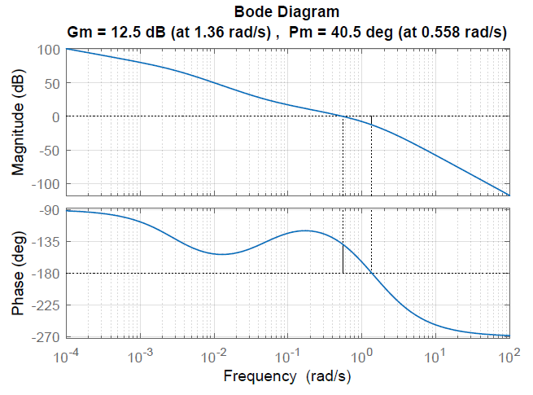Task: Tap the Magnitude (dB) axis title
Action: coord(19,122)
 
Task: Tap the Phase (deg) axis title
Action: coord(19,273)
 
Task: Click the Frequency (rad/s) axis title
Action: coord(287,376)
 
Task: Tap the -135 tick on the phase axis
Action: coord(46,242)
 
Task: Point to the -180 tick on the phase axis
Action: coord(46,274)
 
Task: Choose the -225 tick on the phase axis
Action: coord(46,305)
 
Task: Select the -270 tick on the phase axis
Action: coord(46,336)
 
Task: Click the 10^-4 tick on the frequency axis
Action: coord(68,355)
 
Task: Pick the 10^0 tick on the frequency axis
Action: coord(362,355)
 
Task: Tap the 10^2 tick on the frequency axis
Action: coord(509,355)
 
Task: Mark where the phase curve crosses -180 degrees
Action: coord(372,273)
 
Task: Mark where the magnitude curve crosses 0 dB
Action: coord(343,116)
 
